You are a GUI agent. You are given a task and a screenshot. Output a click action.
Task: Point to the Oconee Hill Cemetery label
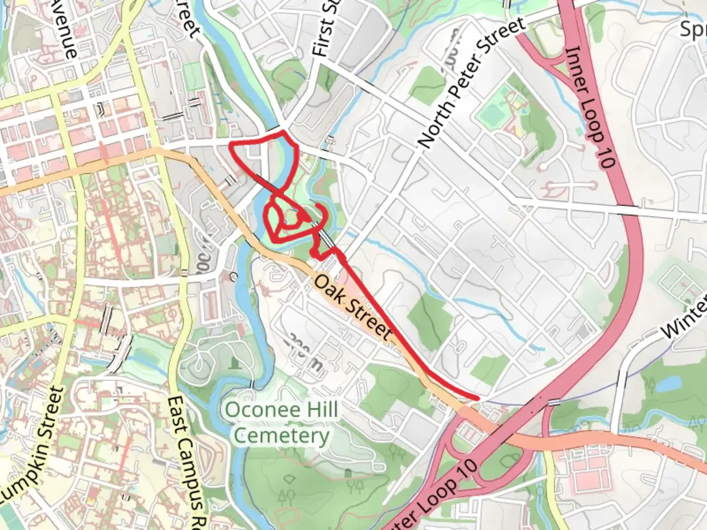tap(281, 423)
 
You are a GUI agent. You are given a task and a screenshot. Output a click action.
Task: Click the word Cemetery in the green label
tap(281, 436)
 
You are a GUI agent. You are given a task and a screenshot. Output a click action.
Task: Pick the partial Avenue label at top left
tap(65, 27)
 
